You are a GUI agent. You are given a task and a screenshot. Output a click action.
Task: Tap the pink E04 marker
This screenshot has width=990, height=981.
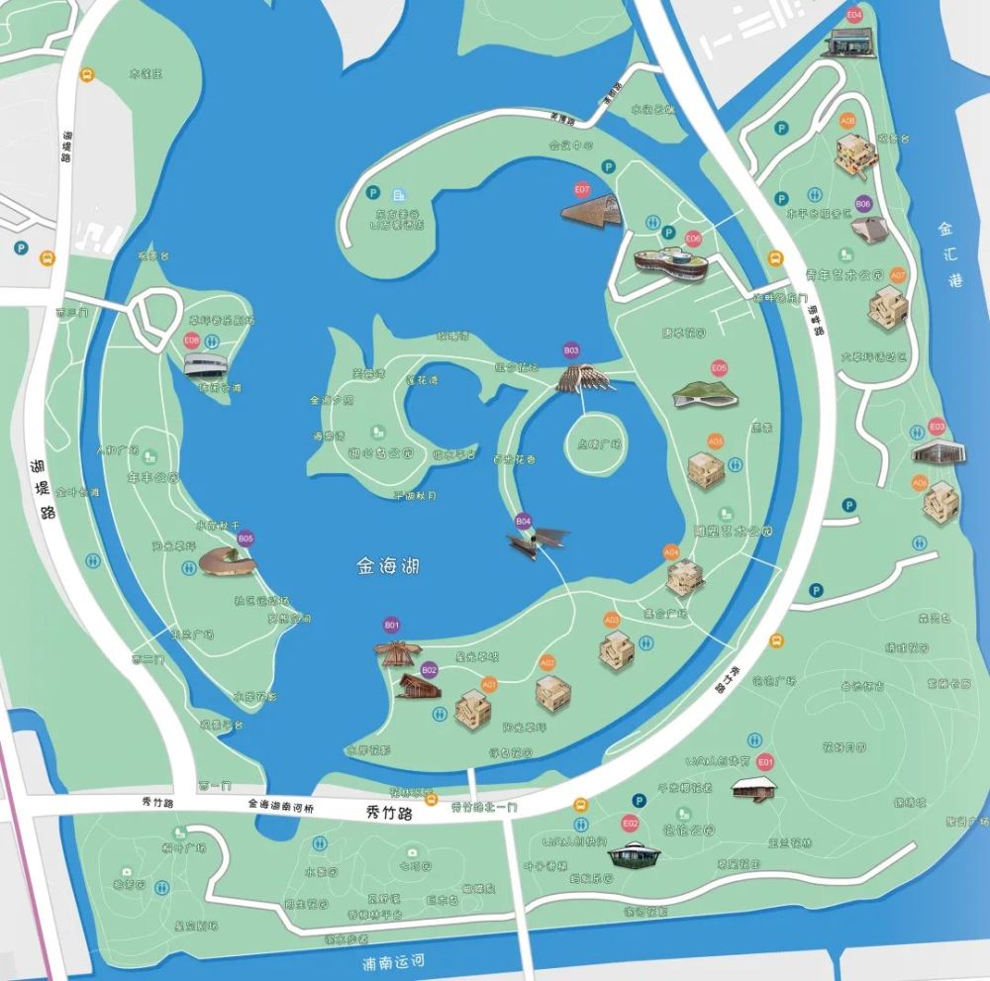[854, 16]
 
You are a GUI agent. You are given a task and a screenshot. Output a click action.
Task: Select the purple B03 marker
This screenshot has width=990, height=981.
[571, 350]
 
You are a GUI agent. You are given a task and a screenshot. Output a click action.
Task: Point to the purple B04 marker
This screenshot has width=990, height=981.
[524, 521]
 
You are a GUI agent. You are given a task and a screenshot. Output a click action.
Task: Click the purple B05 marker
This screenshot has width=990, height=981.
[246, 539]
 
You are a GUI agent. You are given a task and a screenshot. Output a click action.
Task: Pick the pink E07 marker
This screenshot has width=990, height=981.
[582, 188]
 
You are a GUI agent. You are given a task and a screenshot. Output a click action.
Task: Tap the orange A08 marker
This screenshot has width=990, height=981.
[847, 121]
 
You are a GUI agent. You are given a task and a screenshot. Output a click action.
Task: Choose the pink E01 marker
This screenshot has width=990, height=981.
[764, 762]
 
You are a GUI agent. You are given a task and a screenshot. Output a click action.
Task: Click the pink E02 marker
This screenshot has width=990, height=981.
[630, 823]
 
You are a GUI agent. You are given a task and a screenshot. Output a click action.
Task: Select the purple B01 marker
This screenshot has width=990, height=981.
[392, 626]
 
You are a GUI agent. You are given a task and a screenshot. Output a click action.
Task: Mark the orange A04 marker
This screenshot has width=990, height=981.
[671, 550]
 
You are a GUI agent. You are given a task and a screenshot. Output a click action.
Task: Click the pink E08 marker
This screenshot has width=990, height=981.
[192, 340]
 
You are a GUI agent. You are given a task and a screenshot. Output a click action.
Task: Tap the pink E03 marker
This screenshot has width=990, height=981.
[938, 427]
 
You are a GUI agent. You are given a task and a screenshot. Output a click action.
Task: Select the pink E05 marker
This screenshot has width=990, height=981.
[719, 367]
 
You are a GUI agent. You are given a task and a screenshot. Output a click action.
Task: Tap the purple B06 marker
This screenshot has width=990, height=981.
[863, 204]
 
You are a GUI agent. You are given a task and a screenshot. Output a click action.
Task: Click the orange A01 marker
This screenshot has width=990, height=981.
[489, 683]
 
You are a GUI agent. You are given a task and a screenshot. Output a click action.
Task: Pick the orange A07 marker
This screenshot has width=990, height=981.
[898, 274]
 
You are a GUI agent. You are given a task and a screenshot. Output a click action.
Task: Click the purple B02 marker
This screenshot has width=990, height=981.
[429, 670]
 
